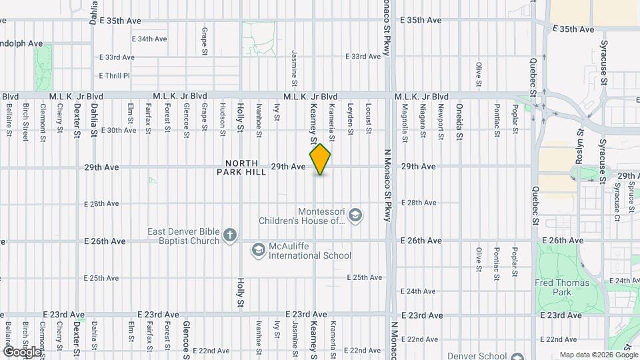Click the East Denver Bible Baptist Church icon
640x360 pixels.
229,235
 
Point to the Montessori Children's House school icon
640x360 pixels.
355,215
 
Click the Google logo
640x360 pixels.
22,351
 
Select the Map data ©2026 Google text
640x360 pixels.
597,355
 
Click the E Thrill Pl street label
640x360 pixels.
114,76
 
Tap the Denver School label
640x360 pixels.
477,355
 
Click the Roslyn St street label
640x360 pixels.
579,147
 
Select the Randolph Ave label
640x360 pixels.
21,43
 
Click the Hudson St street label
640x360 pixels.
222,119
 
